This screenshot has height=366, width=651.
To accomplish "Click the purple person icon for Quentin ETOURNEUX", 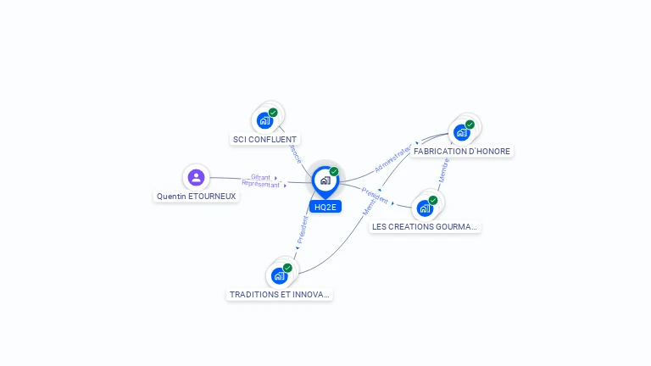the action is (196, 177).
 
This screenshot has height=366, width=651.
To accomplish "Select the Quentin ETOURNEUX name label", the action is (197, 196).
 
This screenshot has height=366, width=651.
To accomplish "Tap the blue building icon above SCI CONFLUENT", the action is (264, 120).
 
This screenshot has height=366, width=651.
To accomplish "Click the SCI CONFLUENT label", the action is (264, 139).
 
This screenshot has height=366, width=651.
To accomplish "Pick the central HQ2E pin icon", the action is (325, 180).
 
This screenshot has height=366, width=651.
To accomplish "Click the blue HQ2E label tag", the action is (325, 207).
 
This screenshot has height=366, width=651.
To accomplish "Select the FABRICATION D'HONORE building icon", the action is (461, 132).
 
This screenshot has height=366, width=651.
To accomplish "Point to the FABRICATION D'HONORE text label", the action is (462, 151).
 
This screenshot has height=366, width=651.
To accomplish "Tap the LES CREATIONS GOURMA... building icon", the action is (425, 208).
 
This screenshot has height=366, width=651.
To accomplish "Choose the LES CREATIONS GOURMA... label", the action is (425, 226).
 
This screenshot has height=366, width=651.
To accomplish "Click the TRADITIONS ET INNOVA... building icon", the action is (279, 275).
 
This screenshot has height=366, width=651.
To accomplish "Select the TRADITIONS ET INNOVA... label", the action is (279, 294).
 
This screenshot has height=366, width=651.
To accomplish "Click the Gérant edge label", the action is (260, 177).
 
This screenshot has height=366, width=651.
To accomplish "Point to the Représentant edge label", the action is (260, 183).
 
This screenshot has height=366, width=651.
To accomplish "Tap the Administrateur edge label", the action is (392, 158).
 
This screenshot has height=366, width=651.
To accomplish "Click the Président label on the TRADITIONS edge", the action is (303, 229).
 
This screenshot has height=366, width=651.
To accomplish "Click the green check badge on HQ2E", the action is (334, 172).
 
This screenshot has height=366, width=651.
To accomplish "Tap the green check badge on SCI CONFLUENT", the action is (273, 113).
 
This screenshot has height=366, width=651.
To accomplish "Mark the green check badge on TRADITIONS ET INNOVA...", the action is (287, 268).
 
